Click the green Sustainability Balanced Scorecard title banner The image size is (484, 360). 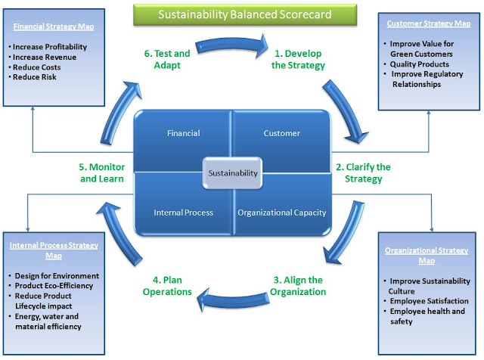pos(243,14)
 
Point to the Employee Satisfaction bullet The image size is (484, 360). pos(430,301)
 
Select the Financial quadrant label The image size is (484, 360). pos(184,133)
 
